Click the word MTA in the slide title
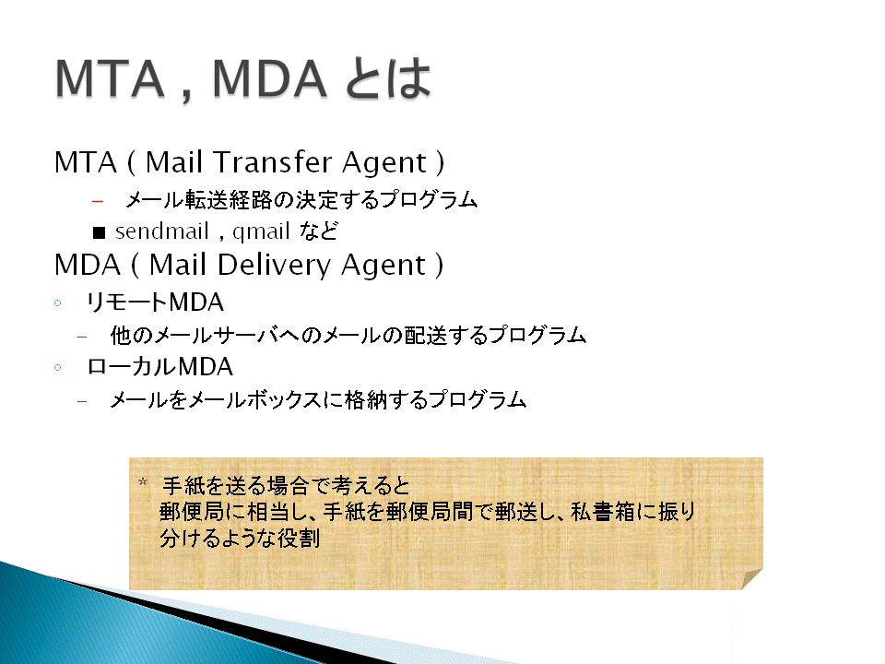click(x=110, y=78)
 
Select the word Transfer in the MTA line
click(x=273, y=162)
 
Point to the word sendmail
click(x=162, y=231)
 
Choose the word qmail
click(x=261, y=232)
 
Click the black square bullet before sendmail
click(x=100, y=232)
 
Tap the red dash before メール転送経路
click(x=98, y=201)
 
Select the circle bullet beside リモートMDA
click(x=57, y=303)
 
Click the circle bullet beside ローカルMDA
click(x=57, y=368)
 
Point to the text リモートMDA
click(x=155, y=302)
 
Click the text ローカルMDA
click(x=159, y=367)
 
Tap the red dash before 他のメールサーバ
click(x=82, y=338)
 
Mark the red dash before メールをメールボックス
click(x=82, y=402)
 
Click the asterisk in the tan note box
click(x=143, y=482)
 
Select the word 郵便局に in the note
click(x=203, y=512)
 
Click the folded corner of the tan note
click(x=752, y=579)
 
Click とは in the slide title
click(x=388, y=78)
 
